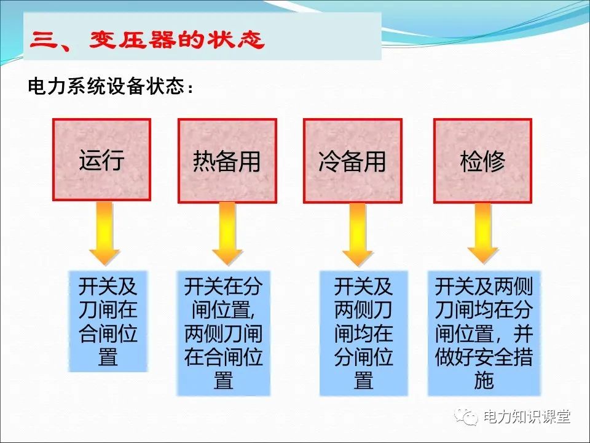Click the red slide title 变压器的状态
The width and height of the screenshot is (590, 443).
pyautogui.click(x=177, y=39)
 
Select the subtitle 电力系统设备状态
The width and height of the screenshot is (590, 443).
pyautogui.click(x=107, y=86)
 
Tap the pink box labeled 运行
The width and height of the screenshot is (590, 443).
pyautogui.click(x=101, y=160)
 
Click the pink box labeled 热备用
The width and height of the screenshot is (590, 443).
pyautogui.click(x=227, y=161)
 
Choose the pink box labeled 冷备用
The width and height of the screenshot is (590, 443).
pyautogui.click(x=353, y=161)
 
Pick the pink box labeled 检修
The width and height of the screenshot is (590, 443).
pyautogui.click(x=483, y=161)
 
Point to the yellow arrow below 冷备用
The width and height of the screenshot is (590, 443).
pyautogui.click(x=357, y=234)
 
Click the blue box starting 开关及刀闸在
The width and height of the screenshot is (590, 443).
pyautogui.click(x=108, y=321)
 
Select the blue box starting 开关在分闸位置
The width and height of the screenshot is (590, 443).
pyautogui.click(x=224, y=333)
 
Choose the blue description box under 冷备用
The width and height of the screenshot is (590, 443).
pyautogui.click(x=363, y=333)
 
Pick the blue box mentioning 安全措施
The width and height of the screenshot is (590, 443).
pyautogui.click(x=484, y=333)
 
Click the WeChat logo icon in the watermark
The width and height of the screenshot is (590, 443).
pyautogui.click(x=466, y=417)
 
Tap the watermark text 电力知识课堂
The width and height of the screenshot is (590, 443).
pyautogui.click(x=527, y=417)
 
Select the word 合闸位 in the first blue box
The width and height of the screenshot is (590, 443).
pyautogui.click(x=108, y=333)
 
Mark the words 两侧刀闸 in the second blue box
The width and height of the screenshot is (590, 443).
pyautogui.click(x=224, y=333)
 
